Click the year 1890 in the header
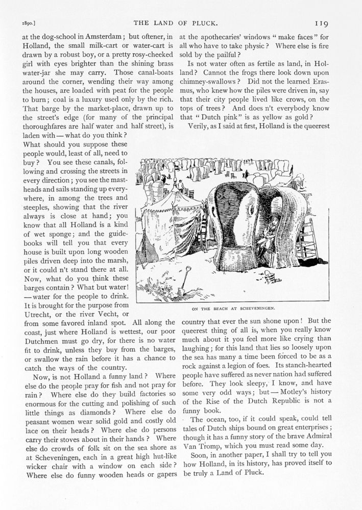(25, 23)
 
